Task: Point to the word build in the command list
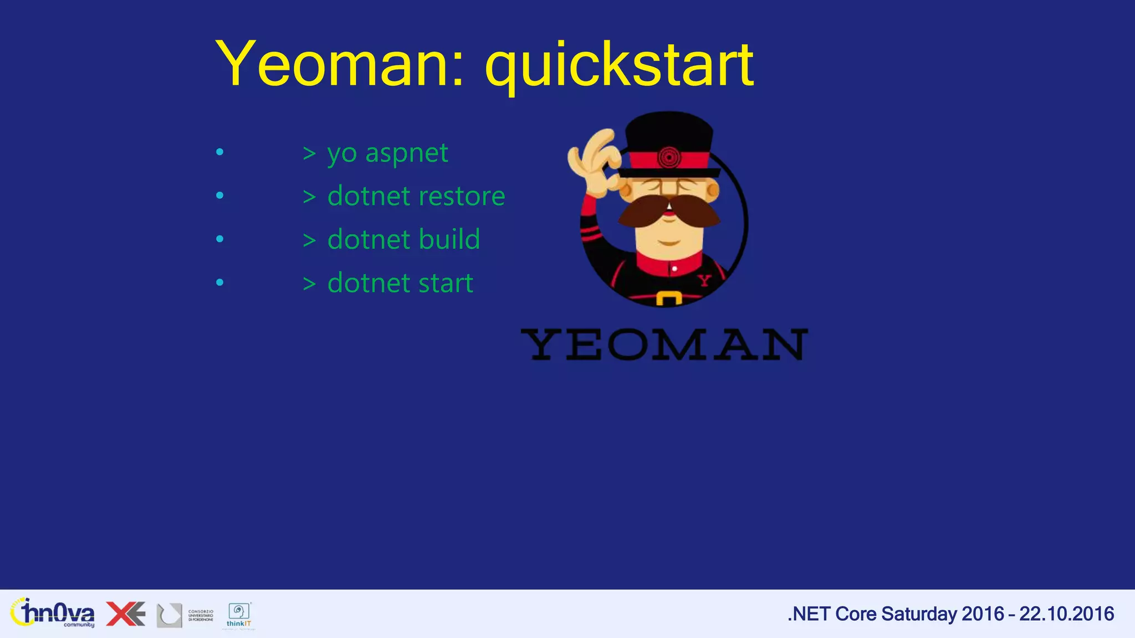pos(449,239)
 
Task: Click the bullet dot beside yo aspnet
pos(220,152)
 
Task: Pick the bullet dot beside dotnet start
pos(220,282)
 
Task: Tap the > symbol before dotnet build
pos(309,240)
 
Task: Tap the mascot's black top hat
pos(669,133)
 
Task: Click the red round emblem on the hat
pos(669,158)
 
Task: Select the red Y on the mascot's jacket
pos(704,280)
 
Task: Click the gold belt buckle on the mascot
pos(669,299)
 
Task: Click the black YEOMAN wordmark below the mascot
pos(664,344)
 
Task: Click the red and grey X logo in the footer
pos(126,614)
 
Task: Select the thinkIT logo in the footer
pos(239,615)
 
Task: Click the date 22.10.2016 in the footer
pos(1066,614)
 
